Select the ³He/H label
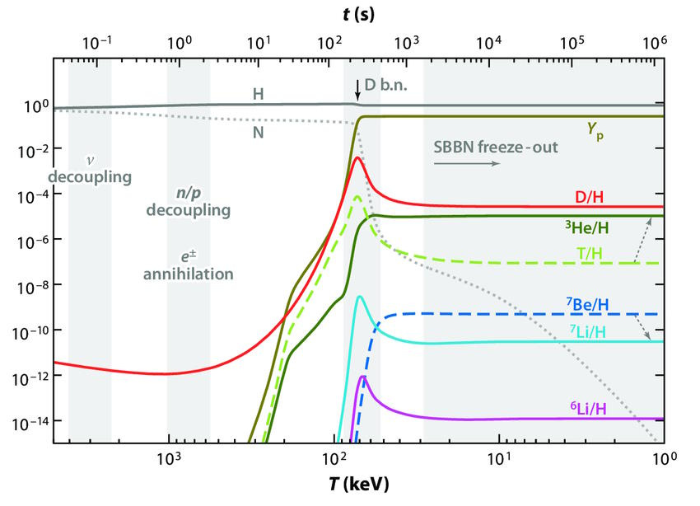(587, 226)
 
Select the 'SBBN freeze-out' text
(495, 148)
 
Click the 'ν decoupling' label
(90, 169)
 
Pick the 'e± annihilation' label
(188, 265)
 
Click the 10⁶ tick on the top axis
(654, 41)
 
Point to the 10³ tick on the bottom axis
(169, 459)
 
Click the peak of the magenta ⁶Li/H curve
(362, 377)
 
